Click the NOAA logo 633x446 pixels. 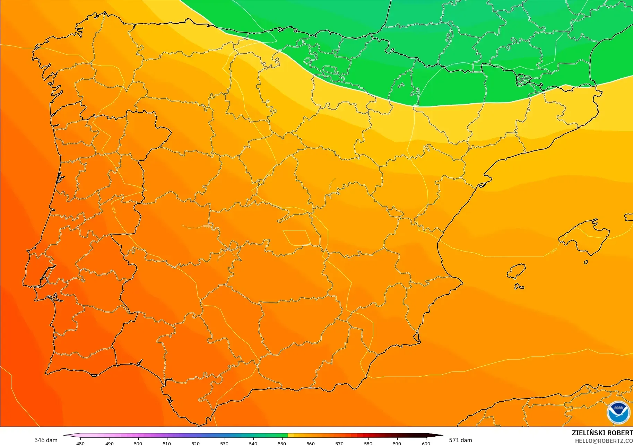click(x=618, y=412)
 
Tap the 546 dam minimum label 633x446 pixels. click(x=46, y=440)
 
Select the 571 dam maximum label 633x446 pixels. click(x=460, y=440)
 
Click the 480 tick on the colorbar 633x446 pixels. click(x=80, y=443)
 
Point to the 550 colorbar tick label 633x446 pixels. click(x=282, y=443)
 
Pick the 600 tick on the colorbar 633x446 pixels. click(x=426, y=443)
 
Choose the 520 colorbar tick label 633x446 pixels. click(x=196, y=443)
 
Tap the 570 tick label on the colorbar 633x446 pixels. click(x=339, y=443)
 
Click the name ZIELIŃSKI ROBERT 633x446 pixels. click(x=602, y=433)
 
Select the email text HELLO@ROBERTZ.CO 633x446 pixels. click(x=604, y=441)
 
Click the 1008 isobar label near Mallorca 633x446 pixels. click(x=554, y=250)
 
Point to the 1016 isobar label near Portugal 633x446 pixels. click(x=114, y=210)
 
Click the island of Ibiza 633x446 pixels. click(x=517, y=271)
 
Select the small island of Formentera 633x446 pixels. click(x=519, y=286)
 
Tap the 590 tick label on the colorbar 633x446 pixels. click(x=397, y=443)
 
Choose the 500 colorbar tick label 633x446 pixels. click(x=138, y=443)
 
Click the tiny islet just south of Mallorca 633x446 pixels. click(x=586, y=262)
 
